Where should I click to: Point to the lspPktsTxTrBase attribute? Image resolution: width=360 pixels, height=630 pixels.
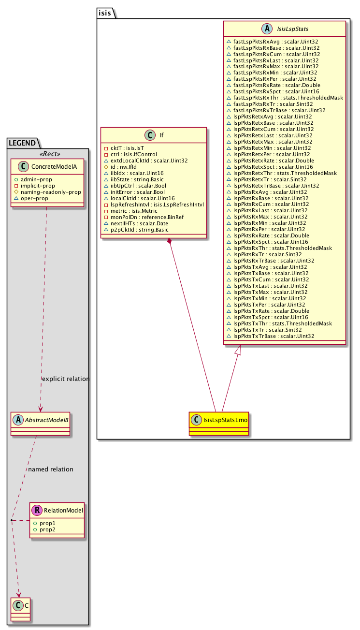coord(274,336)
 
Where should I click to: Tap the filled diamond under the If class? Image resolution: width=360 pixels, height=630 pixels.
coord(169,241)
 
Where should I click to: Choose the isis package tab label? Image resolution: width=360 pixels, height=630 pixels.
coord(105,13)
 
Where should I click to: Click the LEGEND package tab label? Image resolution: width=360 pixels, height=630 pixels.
coord(23,142)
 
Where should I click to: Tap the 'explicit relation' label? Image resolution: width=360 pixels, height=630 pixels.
coord(66,379)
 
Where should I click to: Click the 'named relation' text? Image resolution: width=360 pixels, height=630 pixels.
coord(51,469)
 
